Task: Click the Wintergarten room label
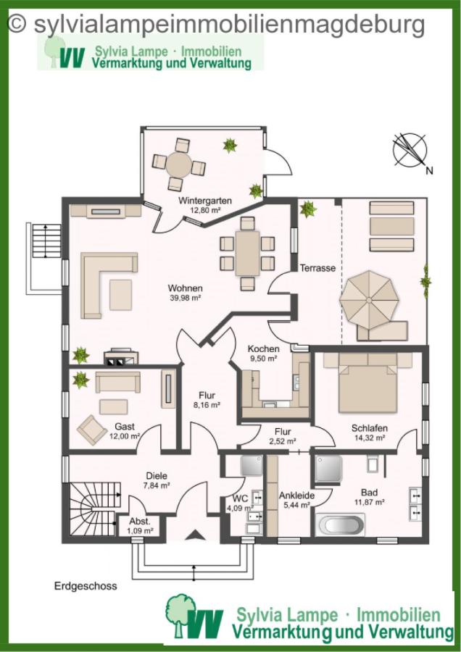(x=204, y=201)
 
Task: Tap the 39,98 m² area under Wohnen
(x=185, y=298)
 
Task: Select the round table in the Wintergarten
(x=179, y=165)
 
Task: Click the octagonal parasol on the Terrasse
(x=369, y=300)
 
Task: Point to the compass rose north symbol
(x=410, y=150)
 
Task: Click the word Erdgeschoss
(x=86, y=586)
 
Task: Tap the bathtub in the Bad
(x=340, y=524)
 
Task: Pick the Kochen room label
(x=263, y=348)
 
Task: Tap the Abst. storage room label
(x=140, y=522)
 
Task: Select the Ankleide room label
(x=296, y=496)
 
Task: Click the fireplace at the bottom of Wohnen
(x=120, y=356)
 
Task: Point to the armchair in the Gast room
(x=92, y=430)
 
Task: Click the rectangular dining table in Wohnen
(x=247, y=254)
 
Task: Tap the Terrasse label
(x=317, y=268)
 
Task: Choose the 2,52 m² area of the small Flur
(x=283, y=441)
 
